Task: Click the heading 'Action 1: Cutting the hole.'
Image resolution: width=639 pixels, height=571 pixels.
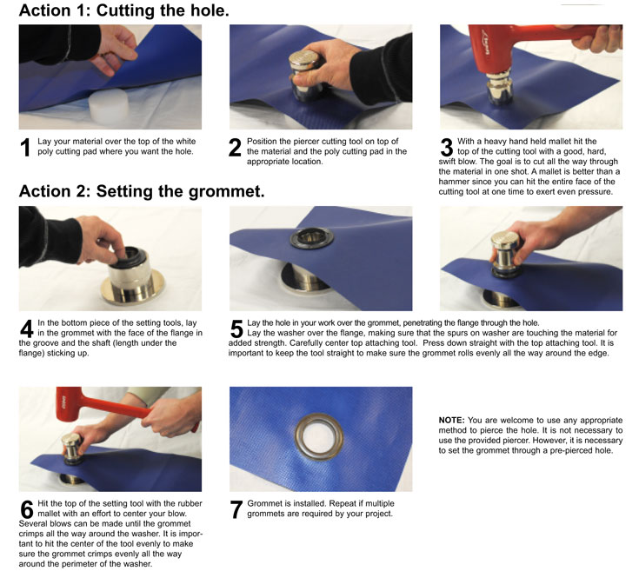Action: click(123, 10)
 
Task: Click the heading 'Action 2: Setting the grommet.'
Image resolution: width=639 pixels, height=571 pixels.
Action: click(142, 191)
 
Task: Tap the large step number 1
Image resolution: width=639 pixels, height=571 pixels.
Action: click(25, 148)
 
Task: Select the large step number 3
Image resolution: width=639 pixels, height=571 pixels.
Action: click(447, 148)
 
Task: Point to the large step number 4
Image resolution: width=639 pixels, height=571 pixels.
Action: click(26, 329)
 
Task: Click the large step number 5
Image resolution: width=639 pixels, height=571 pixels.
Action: click(236, 329)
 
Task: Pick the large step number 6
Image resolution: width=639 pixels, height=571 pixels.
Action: click(26, 509)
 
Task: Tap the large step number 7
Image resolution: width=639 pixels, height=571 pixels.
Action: click(236, 509)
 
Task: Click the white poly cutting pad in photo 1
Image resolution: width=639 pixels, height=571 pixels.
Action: click(109, 106)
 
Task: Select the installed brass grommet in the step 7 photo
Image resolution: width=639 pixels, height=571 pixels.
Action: click(319, 437)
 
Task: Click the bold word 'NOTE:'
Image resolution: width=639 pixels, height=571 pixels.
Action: click(451, 421)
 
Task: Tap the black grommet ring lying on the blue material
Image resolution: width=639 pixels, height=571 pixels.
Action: click(312, 238)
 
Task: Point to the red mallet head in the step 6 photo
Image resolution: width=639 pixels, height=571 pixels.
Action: click(70, 403)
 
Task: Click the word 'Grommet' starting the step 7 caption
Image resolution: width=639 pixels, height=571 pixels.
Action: click(263, 503)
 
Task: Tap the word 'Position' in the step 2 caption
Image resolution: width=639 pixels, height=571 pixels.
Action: click(262, 142)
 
